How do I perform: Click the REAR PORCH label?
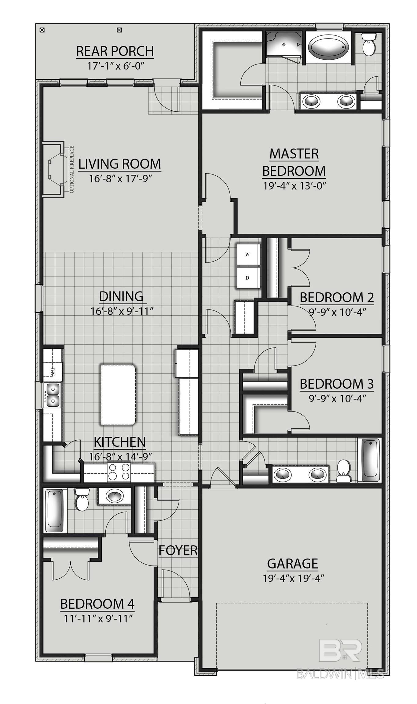point(115,51)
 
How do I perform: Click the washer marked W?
point(248,255)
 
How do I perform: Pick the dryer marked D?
point(248,278)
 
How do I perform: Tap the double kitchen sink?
point(52,394)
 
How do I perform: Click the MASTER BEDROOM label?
point(294,162)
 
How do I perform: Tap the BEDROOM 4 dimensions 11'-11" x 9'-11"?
point(98,619)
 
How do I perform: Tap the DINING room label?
point(121,296)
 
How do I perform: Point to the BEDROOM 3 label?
point(337,384)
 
